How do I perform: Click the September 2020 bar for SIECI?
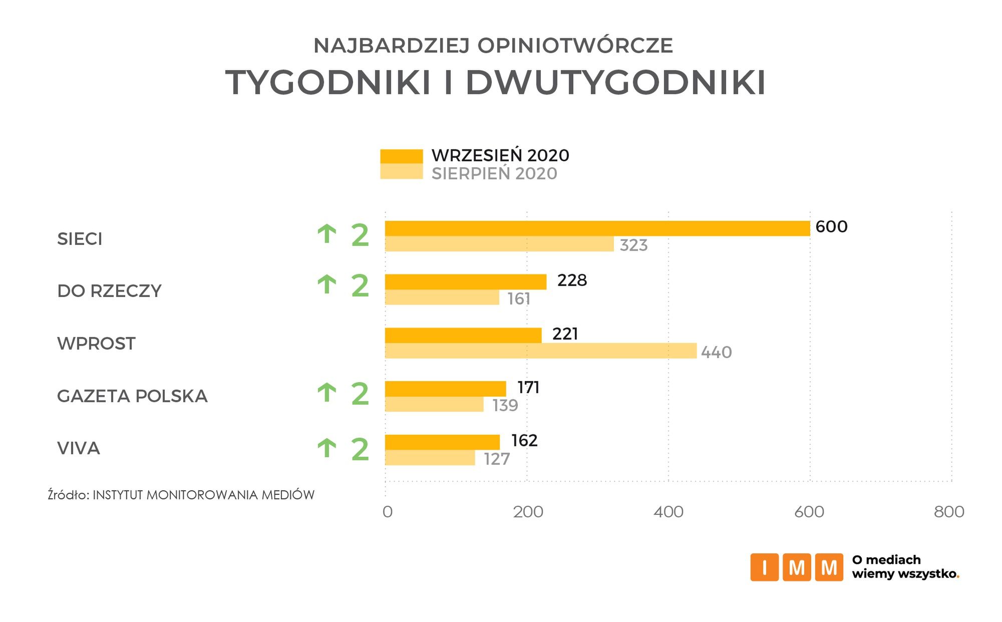(x=597, y=228)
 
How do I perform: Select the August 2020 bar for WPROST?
(x=541, y=351)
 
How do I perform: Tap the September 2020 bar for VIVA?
(x=442, y=442)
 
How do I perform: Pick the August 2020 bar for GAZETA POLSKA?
(x=434, y=404)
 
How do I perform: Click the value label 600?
(x=831, y=227)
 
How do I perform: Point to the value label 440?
(x=716, y=353)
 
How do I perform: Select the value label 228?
(x=572, y=280)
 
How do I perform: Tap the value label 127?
(x=497, y=459)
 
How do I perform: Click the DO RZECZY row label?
(x=109, y=291)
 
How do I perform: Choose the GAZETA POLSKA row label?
(x=132, y=396)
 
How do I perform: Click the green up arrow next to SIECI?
(x=327, y=234)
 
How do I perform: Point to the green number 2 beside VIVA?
(x=360, y=449)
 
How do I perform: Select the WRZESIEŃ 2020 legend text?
(x=500, y=155)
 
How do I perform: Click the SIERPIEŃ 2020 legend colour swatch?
(x=401, y=172)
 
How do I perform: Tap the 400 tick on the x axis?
(x=669, y=512)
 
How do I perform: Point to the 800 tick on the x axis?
(x=949, y=512)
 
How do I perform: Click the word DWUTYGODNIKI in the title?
(x=615, y=82)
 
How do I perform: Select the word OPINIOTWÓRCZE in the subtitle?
(x=575, y=46)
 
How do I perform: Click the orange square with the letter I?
(x=764, y=567)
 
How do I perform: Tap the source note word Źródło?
(x=68, y=495)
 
